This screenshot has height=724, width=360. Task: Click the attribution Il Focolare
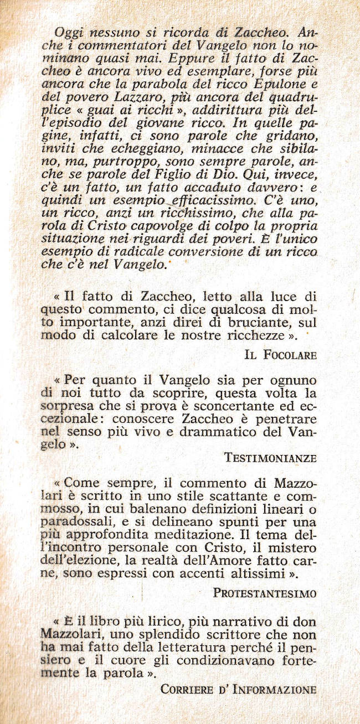click(280, 355)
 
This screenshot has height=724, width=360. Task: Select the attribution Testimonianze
click(270, 458)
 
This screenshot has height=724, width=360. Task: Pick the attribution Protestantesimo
click(265, 593)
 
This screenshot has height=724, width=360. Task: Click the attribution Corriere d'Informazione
click(238, 690)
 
